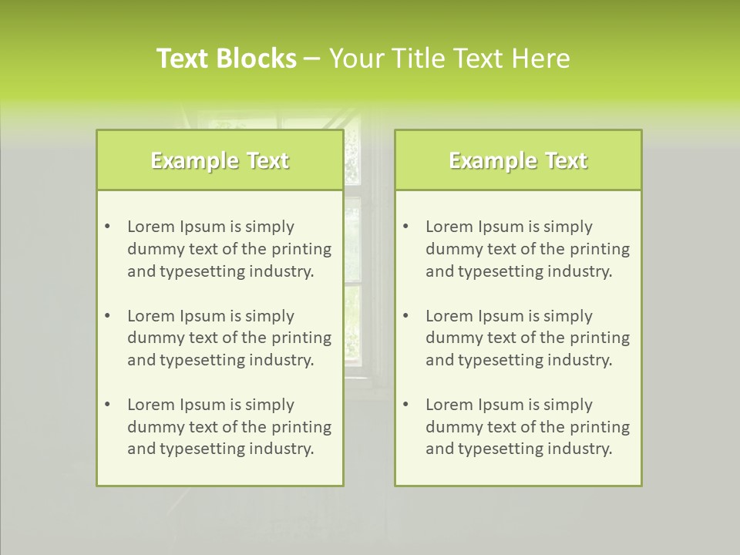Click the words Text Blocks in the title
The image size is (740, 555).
coord(226,59)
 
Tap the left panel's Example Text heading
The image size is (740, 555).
coord(220,160)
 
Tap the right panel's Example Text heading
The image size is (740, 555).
coord(518,160)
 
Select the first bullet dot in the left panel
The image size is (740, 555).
coord(107,227)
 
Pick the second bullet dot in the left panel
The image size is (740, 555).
coord(107,316)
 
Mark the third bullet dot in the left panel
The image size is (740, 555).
coord(107,405)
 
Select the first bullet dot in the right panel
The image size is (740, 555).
coord(405,227)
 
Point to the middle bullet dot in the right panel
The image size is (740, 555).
coord(405,316)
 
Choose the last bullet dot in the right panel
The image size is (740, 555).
coord(405,405)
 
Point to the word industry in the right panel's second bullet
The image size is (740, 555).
coord(580,360)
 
